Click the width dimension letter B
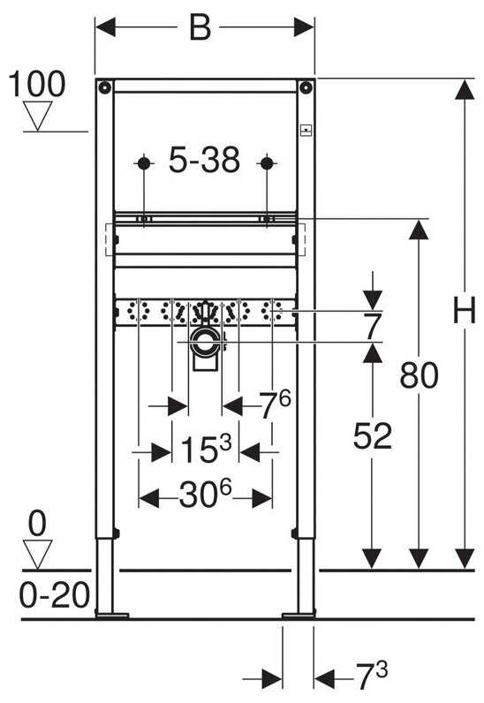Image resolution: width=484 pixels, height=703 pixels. [x=200, y=27]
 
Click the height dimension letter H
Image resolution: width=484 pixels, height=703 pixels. [x=465, y=310]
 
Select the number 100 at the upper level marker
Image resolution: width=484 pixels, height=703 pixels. [x=37, y=84]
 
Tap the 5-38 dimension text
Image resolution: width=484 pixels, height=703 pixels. [x=204, y=160]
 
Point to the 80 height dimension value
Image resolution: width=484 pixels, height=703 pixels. [x=419, y=375]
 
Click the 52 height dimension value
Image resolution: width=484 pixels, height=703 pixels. [x=373, y=435]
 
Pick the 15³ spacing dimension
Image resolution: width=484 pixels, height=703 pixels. [x=206, y=449]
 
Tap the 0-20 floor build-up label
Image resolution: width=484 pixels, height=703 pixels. [x=54, y=595]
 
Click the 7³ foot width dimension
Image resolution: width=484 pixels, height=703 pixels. [x=372, y=677]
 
